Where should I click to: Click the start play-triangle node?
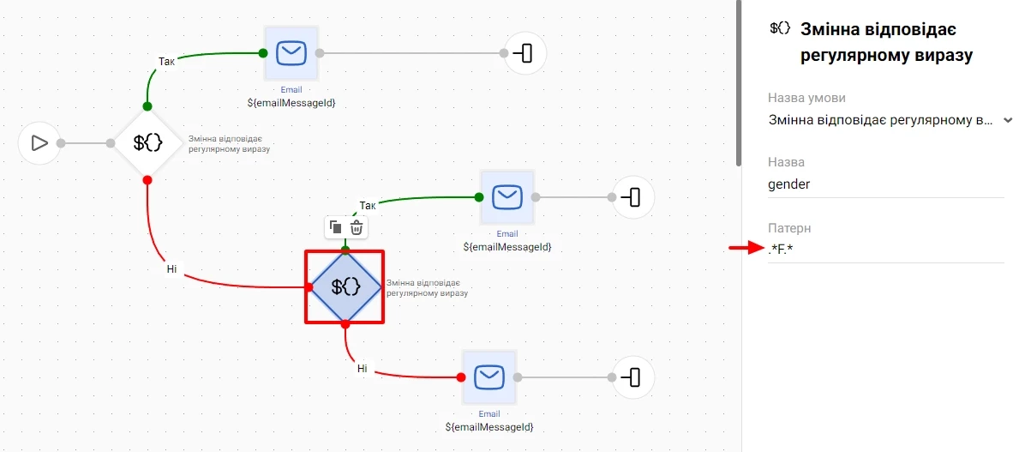(39, 143)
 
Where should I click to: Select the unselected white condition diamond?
(147, 143)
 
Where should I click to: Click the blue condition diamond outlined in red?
(345, 287)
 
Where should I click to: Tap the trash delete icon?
(357, 227)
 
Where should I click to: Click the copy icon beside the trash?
(336, 227)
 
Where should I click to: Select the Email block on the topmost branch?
(291, 53)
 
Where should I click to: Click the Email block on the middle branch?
(507, 197)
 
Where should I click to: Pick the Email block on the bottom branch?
(489, 377)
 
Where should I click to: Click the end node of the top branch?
(524, 53)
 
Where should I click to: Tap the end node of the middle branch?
(632, 197)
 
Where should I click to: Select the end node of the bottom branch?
(632, 377)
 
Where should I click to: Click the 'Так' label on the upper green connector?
(167, 61)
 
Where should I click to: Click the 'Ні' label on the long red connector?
(171, 269)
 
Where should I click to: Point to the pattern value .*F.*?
(781, 250)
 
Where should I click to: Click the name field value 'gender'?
(789, 184)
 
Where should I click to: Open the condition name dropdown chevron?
(1007, 120)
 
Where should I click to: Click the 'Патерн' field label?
(789, 228)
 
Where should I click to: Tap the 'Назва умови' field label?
(812, 98)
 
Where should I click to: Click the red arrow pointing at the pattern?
(745, 249)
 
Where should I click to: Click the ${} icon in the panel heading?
(780, 29)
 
